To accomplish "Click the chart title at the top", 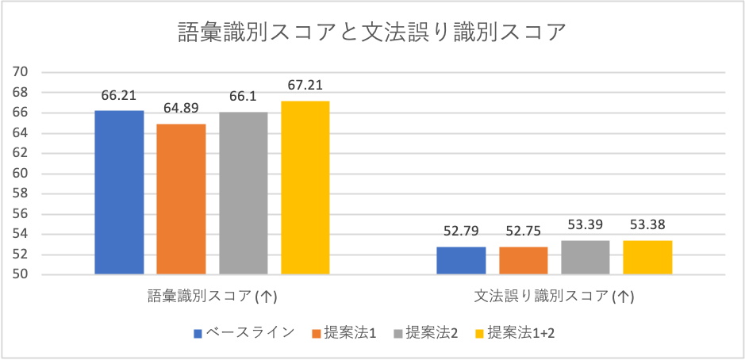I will pyautogui.click(x=372, y=33).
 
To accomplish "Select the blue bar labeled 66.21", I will pyautogui.click(x=119, y=193).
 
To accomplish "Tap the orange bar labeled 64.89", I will pyautogui.click(x=181, y=199).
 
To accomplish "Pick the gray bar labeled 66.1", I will pyautogui.click(x=244, y=193).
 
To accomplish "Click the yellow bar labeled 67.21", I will pyautogui.click(x=305, y=188).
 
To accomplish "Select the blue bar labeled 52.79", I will pyautogui.click(x=461, y=261).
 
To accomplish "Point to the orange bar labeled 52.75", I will pyautogui.click(x=524, y=261).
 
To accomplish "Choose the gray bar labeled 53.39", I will pyautogui.click(x=586, y=258).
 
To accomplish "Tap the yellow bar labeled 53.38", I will pyautogui.click(x=647, y=258).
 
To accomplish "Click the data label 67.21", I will pyautogui.click(x=305, y=86).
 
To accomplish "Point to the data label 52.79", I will pyautogui.click(x=461, y=232).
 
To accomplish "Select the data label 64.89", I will pyautogui.click(x=181, y=109).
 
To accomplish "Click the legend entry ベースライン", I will pyautogui.click(x=244, y=333).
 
